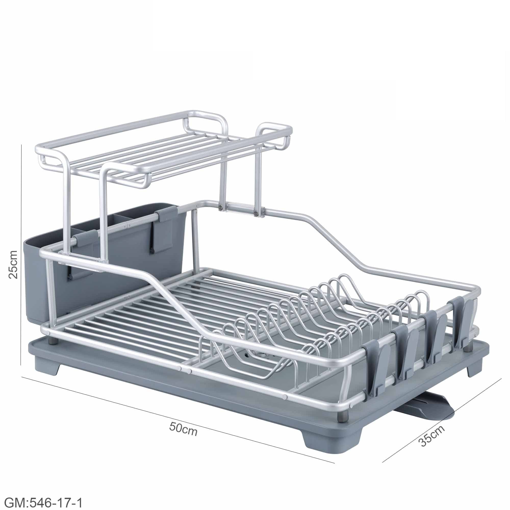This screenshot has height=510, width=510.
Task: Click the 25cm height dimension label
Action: click(x=13, y=265)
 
